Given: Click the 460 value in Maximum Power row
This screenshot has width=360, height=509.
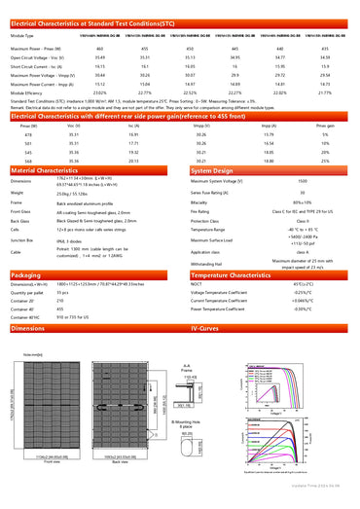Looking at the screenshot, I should [x=100, y=48].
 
